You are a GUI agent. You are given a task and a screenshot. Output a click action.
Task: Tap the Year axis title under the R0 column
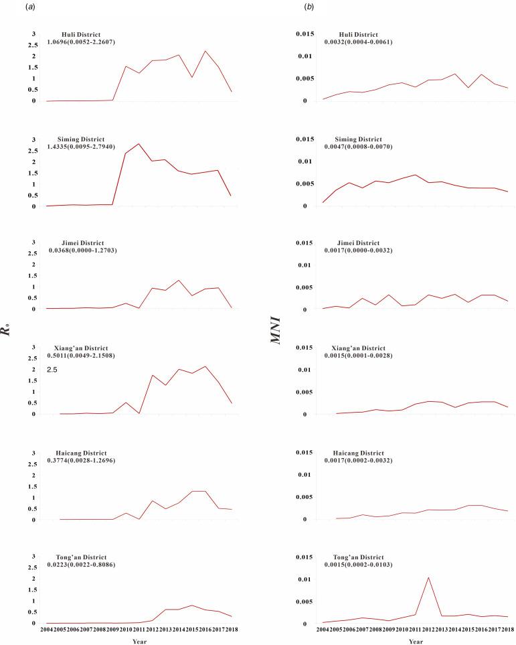tap(139, 641)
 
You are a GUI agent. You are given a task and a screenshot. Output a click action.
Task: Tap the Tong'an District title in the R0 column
tap(82, 557)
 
